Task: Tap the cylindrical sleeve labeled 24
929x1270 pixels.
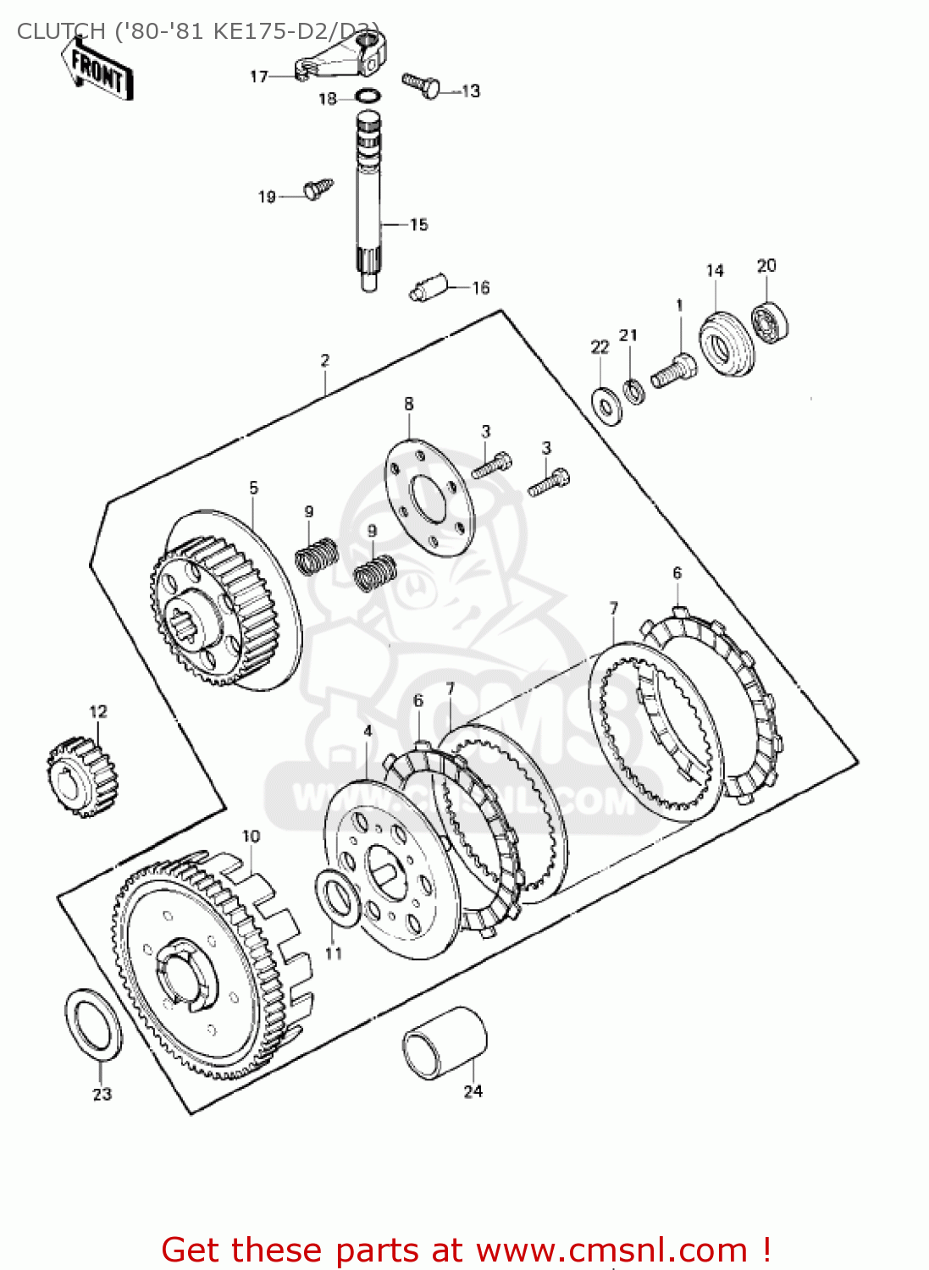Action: [445, 1042]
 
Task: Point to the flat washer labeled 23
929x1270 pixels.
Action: [93, 1023]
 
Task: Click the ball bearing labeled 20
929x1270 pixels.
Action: [770, 321]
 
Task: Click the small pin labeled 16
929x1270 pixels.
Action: [428, 286]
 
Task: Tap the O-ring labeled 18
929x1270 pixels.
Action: [368, 96]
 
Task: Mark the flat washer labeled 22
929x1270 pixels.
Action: [606, 405]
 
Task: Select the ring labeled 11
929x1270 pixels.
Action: [339, 898]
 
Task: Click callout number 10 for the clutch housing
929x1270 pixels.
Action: [251, 837]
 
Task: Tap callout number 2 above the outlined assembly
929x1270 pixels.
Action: [325, 361]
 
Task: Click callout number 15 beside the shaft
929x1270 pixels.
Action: [418, 224]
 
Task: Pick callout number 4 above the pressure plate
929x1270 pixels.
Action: [368, 730]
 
